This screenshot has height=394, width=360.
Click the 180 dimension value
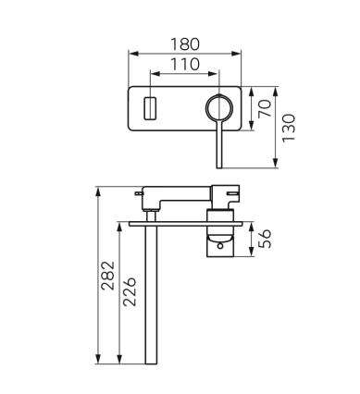tap(185, 44)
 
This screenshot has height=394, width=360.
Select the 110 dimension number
tap(185, 65)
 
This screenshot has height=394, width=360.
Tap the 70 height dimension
tap(265, 108)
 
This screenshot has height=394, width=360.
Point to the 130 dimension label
tap(289, 128)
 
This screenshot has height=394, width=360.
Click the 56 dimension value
tap(265, 239)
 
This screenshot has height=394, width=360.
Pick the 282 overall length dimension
tap(108, 276)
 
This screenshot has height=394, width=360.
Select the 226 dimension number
tap(130, 291)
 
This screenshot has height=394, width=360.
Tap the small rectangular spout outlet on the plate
tap(150, 108)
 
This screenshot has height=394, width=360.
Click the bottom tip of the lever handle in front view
tap(219, 167)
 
